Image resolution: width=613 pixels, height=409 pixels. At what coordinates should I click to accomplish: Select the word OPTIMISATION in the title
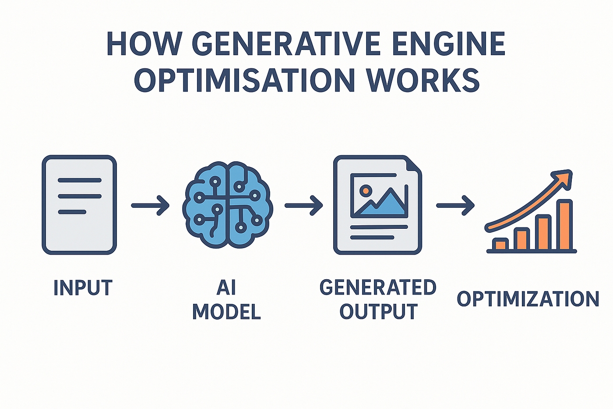pyautogui.click(x=244, y=80)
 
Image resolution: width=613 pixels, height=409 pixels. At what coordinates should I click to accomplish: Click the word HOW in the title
pyautogui.click(x=144, y=44)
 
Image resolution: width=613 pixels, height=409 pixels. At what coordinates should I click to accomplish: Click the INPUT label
pyautogui.click(x=83, y=288)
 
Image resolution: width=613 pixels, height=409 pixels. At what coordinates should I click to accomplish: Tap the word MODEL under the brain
pyautogui.click(x=226, y=312)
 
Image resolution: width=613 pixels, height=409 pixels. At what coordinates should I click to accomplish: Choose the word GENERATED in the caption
pyautogui.click(x=378, y=288)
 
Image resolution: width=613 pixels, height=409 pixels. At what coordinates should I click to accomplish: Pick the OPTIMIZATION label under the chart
pyautogui.click(x=528, y=299)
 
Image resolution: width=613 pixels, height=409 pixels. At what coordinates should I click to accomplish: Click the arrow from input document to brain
pyautogui.click(x=150, y=205)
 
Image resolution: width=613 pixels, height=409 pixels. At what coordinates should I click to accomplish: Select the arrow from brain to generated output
pyautogui.click(x=303, y=205)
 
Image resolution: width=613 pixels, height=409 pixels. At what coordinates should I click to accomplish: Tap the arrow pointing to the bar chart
pyautogui.click(x=455, y=205)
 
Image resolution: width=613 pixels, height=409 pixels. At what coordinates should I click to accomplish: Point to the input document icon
pyautogui.click(x=79, y=205)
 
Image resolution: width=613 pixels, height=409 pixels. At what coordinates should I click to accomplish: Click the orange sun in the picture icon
pyautogui.click(x=365, y=191)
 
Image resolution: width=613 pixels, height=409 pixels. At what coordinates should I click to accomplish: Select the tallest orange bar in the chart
pyautogui.click(x=565, y=225)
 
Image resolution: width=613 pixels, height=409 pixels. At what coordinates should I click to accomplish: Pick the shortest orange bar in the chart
pyautogui.click(x=500, y=245)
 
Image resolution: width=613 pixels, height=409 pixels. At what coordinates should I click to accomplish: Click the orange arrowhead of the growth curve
pyautogui.click(x=564, y=179)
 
